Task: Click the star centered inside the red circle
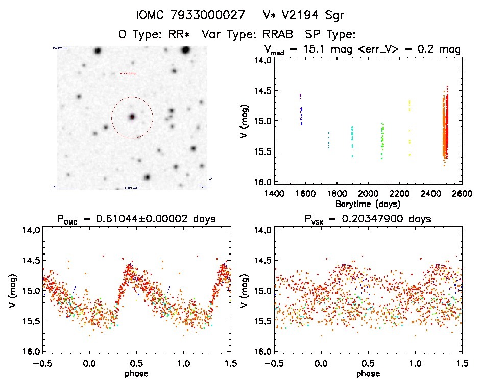(132, 117)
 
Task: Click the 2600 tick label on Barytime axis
(462, 194)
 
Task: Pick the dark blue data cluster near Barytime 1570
(301, 110)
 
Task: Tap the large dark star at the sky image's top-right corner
(186, 50)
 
